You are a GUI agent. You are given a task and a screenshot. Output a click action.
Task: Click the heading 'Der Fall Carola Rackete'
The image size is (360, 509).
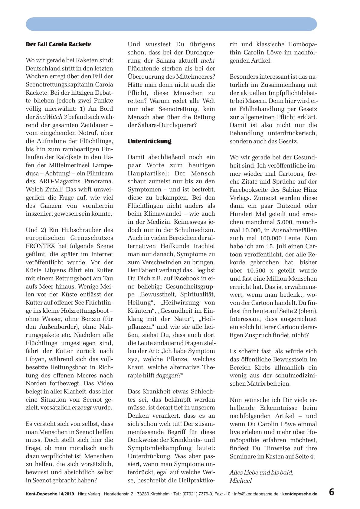coord(58,44)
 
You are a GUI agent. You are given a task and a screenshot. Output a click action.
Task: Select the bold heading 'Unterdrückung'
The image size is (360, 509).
coord(149,141)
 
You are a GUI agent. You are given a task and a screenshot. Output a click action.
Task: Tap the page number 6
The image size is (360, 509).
coord(332,492)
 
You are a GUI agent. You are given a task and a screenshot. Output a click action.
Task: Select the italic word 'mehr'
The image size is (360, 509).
coord(208,60)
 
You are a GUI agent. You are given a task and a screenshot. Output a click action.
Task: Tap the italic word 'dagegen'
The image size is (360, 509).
coord(166,375)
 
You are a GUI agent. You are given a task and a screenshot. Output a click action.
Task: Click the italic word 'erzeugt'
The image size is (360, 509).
coord(82,407)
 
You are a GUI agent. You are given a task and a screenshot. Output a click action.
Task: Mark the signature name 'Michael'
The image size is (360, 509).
coord(241,480)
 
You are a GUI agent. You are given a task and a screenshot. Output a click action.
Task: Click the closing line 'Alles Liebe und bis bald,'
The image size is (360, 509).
coord(261,472)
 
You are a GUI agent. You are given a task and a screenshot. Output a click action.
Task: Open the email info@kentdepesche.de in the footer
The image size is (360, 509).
coord(256,494)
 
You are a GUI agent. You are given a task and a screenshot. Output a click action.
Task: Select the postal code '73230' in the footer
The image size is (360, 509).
coord(144,494)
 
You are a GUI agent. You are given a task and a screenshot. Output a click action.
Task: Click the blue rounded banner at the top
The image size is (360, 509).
coord(171,24)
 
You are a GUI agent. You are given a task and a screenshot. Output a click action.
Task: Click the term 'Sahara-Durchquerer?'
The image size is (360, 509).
coord(162,125)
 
